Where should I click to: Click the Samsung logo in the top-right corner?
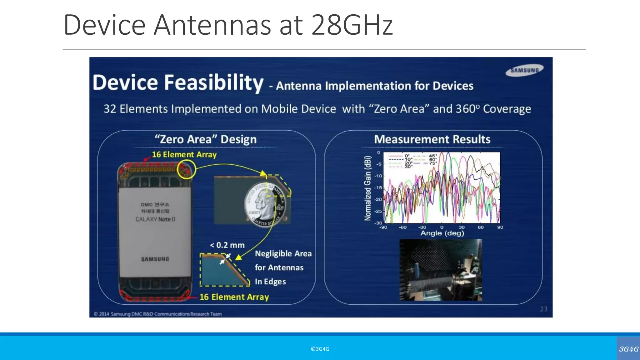(x=525, y=70)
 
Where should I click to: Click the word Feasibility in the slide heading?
(x=214, y=83)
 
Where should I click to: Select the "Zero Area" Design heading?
(x=206, y=139)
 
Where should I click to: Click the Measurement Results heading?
(x=432, y=139)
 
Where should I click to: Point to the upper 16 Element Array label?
(x=184, y=154)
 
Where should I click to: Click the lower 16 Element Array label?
(x=234, y=297)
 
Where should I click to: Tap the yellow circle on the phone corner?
(x=186, y=169)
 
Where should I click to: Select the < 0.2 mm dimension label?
(x=227, y=245)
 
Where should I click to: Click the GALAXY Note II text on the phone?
(x=155, y=219)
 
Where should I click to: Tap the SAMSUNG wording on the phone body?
(x=155, y=259)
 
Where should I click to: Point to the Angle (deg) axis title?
(x=442, y=233)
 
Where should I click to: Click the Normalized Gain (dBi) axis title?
(x=368, y=188)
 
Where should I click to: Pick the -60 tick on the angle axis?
(x=402, y=227)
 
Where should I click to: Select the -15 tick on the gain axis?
(x=378, y=188)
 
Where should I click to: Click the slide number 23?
(x=543, y=309)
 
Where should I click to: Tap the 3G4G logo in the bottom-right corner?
(x=628, y=349)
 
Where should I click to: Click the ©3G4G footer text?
(x=320, y=349)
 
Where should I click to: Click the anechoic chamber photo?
(x=441, y=270)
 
